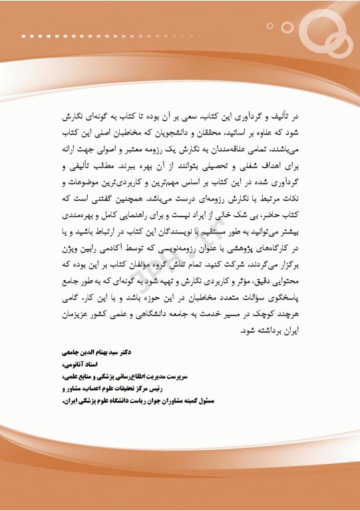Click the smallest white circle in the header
(x=270, y=26)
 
